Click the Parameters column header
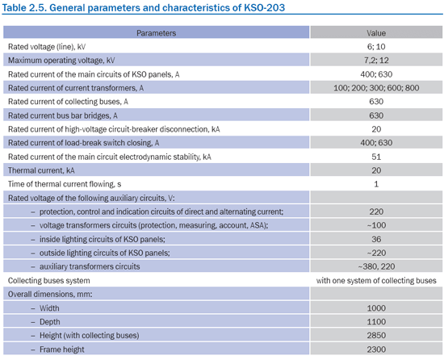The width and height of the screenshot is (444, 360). [156, 33]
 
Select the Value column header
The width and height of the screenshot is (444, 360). [376, 33]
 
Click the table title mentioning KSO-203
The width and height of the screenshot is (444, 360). [143, 7]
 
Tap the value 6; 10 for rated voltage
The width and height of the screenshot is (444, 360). [376, 47]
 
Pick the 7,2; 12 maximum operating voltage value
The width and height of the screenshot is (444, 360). [376, 61]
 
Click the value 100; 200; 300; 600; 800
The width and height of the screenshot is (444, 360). [376, 88]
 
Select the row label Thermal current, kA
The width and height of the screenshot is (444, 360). [41, 170]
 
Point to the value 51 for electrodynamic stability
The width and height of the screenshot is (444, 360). [376, 157]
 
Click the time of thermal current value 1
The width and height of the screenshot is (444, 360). [376, 184]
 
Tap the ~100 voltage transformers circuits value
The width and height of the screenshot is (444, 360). [376, 225]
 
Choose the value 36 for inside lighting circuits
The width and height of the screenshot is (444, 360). [376, 239]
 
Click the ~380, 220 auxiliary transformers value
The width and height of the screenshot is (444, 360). [376, 266]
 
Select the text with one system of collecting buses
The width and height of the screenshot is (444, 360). [376, 280]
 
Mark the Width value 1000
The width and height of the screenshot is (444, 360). [376, 308]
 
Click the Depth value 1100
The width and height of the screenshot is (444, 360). [376, 322]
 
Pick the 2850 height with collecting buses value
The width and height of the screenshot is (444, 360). [376, 335]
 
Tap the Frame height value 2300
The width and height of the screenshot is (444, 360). [376, 350]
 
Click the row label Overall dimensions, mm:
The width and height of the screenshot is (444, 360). [50, 295]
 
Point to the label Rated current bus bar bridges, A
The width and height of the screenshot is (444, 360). [63, 115]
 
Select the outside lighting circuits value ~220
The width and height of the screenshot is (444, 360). [376, 253]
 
